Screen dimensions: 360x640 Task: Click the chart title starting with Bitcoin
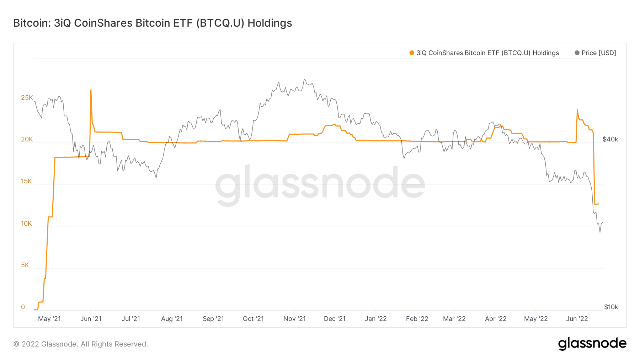tap(153, 23)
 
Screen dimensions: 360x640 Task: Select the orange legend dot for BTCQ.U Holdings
tap(412, 53)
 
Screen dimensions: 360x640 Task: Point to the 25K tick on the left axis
tap(27, 98)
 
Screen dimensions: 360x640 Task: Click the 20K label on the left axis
tap(27, 139)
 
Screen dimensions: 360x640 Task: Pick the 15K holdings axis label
tap(27, 181)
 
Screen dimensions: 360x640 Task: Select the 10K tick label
tap(27, 224)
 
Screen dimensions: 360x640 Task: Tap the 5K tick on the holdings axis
tap(25, 265)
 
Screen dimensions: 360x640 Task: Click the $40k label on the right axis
tap(610, 139)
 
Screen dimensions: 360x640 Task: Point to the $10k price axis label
tap(611, 307)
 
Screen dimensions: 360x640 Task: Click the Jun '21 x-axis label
tap(91, 319)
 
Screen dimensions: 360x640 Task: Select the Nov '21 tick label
tap(294, 319)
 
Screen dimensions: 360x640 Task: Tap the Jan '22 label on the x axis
tap(375, 319)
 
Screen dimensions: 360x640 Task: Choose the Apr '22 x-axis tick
tap(496, 319)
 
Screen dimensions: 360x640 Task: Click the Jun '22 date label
tap(577, 319)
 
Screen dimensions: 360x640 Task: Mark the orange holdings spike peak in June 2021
tap(91, 90)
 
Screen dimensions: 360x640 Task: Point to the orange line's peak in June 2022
tap(577, 110)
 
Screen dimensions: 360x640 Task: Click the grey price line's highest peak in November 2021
tap(304, 79)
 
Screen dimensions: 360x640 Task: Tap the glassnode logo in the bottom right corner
tap(592, 344)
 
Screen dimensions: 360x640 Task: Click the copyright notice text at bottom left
tap(81, 344)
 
